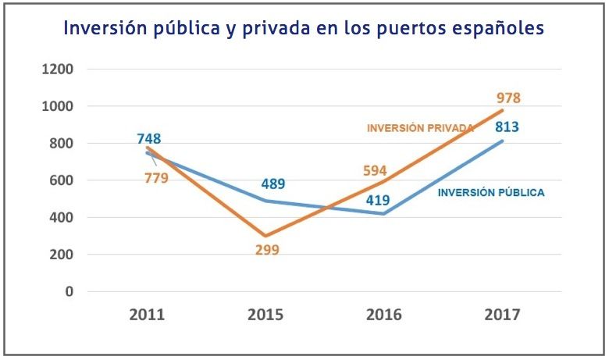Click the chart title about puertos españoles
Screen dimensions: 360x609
304,28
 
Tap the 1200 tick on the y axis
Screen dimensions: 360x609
58,70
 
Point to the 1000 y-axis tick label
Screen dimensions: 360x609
58,106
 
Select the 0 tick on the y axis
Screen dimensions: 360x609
69,292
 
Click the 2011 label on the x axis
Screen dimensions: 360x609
148,315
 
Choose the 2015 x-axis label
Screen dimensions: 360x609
265,315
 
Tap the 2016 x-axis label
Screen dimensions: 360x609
384,315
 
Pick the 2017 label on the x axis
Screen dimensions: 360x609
501,315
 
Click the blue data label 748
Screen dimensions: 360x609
149,140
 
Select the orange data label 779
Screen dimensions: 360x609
156,177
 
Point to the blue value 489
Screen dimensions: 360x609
272,185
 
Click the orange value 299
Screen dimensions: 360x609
266,251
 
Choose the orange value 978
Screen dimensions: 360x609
508,98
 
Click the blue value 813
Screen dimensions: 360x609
507,127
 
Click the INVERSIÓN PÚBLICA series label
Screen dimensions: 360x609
490,192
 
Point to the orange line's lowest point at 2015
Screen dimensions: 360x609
265,236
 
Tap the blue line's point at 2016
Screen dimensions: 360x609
384,214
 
